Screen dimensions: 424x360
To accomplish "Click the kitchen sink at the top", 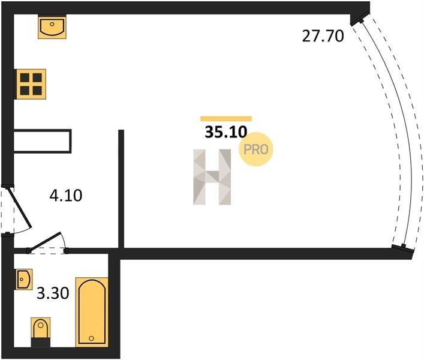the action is pyautogui.click(x=52, y=26).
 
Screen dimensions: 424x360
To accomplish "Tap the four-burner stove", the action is pyautogui.click(x=31, y=84).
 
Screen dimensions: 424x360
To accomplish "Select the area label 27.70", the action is pyautogui.click(x=323, y=36).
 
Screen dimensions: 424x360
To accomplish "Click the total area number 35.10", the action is pyautogui.click(x=226, y=132).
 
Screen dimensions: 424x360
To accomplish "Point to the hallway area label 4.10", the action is pyautogui.click(x=66, y=196).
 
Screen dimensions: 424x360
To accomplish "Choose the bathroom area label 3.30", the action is pyautogui.click(x=53, y=293).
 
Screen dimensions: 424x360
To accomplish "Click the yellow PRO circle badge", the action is pyautogui.click(x=256, y=149).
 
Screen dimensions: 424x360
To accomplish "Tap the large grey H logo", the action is pyautogui.click(x=212, y=177).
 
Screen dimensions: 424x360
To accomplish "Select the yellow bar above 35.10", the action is pyautogui.click(x=226, y=119).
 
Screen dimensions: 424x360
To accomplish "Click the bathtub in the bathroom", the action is pyautogui.click(x=92, y=312).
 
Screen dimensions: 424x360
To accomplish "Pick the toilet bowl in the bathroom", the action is pyautogui.click(x=41, y=328).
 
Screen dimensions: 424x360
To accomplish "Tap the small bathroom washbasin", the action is pyautogui.click(x=24, y=280).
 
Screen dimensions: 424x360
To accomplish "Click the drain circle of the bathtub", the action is pyautogui.click(x=91, y=338).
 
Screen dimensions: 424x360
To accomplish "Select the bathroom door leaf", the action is pyautogui.click(x=45, y=241).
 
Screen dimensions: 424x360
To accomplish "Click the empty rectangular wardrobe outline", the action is pyautogui.click(x=43, y=141).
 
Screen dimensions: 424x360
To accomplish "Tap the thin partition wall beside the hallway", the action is pyautogui.click(x=121, y=189).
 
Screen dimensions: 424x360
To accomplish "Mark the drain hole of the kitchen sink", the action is pyautogui.click(x=52, y=24).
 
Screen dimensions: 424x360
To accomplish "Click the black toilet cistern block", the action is pyautogui.click(x=41, y=343).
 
